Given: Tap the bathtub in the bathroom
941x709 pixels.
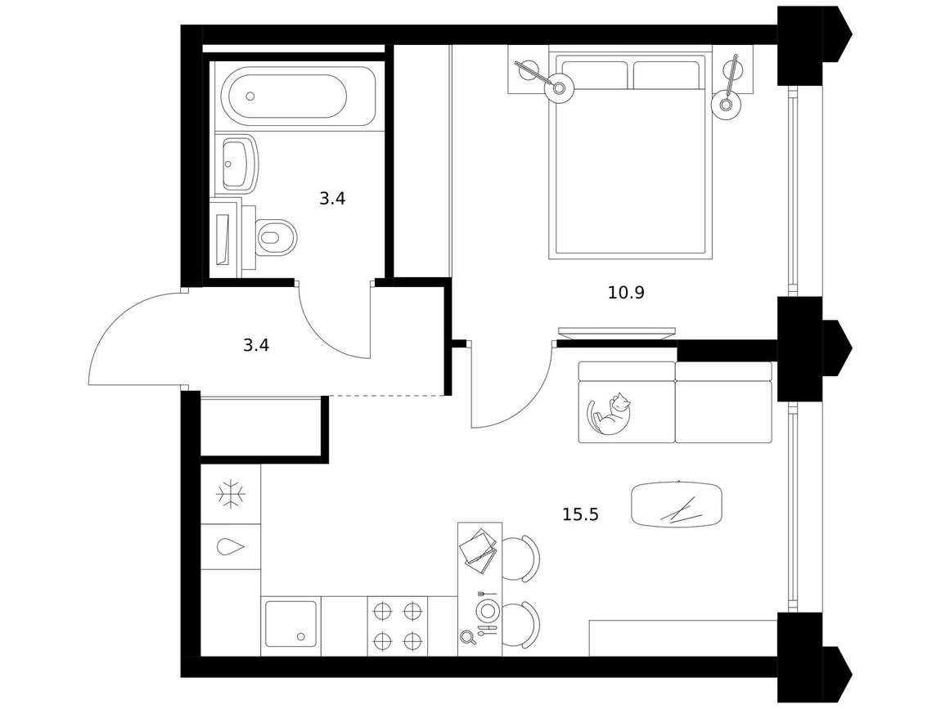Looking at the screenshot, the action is pos(298,95).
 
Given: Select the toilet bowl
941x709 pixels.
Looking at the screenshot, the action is pos(276,235).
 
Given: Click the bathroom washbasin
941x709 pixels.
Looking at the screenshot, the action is pos(239,164).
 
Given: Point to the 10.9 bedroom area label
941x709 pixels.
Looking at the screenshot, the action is pos(626,293).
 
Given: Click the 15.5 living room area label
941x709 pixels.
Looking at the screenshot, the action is pos(580,514).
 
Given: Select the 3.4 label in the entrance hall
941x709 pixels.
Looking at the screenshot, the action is pos(255,345).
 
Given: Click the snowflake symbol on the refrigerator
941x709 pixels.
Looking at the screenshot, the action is pos(231,494).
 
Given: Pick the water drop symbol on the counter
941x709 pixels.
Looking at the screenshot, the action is pos(231,546).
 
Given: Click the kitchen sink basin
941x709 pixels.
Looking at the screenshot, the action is pos(290,624).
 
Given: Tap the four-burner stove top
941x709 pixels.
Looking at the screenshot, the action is pos(397,626).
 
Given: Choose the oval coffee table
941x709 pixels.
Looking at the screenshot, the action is pos(677,505).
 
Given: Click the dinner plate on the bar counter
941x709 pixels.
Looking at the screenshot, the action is pos(487,611).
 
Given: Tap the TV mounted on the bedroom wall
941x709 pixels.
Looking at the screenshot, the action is pos(616,333).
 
